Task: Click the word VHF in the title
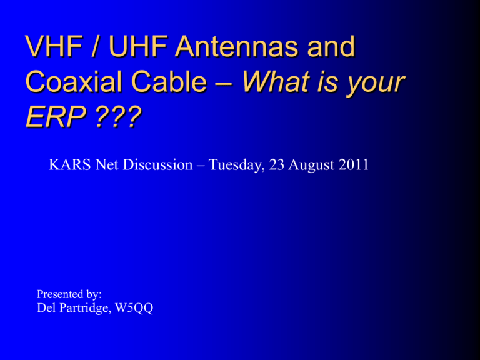(54, 46)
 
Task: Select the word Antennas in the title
(236, 46)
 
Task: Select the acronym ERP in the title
(56, 117)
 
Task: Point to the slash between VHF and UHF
(96, 46)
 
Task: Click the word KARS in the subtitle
(69, 165)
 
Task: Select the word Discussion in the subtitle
(158, 165)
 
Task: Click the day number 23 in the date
(277, 165)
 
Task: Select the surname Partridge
(84, 308)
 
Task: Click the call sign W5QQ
(134, 308)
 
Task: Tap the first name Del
(46, 307)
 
